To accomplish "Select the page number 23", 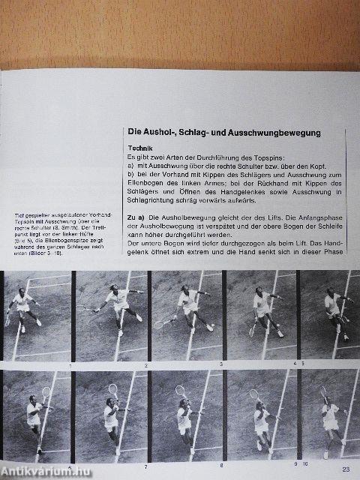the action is [346, 469].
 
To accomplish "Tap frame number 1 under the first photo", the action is [69, 365].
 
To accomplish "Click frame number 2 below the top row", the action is [144, 365].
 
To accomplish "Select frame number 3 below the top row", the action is [220, 364].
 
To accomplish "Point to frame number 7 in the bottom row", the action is [144, 465].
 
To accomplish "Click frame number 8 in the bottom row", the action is [220, 465].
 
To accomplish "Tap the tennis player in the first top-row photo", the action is [22, 307].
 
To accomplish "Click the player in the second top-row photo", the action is [118, 306].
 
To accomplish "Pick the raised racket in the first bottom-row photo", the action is [46, 392].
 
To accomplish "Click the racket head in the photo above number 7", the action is [114, 388].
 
